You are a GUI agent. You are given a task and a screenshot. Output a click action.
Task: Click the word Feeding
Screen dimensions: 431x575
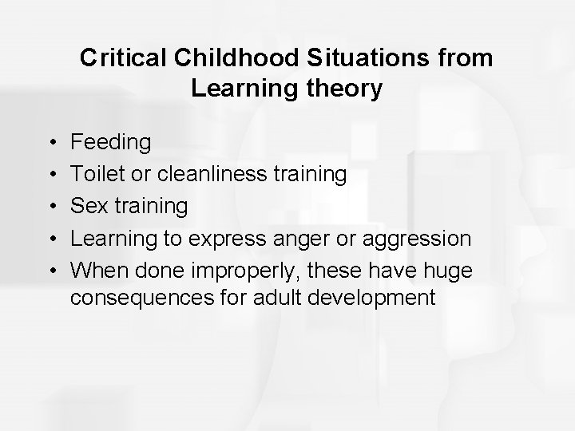click(x=110, y=143)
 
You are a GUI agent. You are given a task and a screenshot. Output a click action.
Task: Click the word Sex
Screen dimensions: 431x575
click(x=87, y=206)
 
